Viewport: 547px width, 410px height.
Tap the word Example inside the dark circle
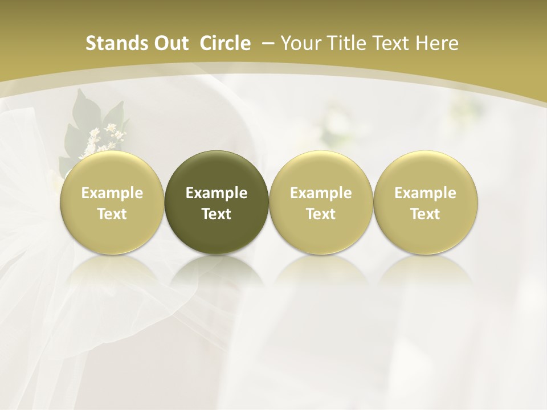[x=217, y=194]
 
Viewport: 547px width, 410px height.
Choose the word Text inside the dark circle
[x=217, y=214]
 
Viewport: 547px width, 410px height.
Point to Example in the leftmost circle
[x=112, y=194]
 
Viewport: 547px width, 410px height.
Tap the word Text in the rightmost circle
[x=426, y=214]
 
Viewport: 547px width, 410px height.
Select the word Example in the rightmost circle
[x=426, y=194]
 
